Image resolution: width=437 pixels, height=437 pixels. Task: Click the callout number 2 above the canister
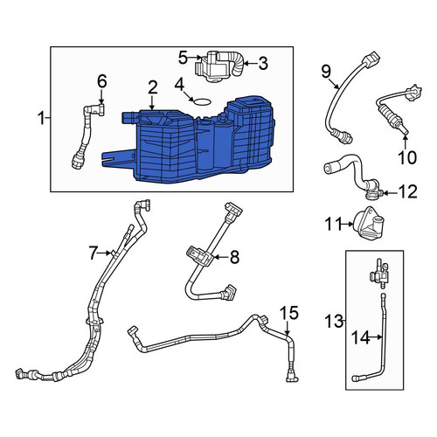pos(152,87)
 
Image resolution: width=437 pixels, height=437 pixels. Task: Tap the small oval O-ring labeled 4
pos(202,101)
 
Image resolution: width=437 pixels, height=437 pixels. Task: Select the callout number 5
pos(184,58)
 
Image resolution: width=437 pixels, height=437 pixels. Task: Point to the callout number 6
pos(102,81)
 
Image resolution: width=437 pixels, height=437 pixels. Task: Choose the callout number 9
pos(327,72)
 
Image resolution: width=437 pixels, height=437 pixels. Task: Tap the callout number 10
pos(407,157)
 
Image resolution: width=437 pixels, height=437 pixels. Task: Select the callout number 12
pos(407,192)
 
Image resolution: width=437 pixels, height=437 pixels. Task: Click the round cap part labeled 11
pos(368,223)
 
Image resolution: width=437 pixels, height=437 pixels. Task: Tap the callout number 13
pos(335,322)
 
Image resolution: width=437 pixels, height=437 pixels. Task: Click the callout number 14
pos(361,337)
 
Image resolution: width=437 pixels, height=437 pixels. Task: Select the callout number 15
pos(289,312)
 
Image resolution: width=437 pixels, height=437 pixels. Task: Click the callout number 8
pos(234,257)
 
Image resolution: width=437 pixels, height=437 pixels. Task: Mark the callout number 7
pos(93,253)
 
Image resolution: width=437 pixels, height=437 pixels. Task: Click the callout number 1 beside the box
pos(41,119)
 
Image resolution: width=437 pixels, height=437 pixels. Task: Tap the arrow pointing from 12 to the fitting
pos(389,192)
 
